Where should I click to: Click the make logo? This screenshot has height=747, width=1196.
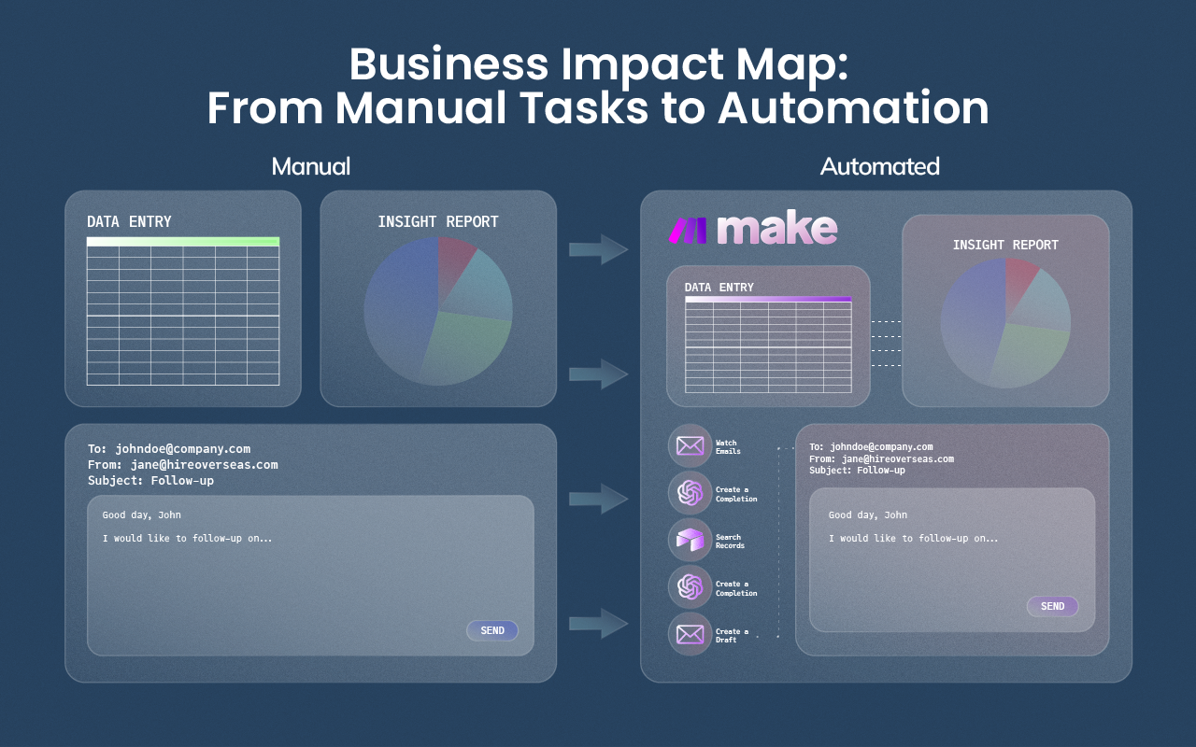753,230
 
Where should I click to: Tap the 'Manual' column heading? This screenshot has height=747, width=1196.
310,166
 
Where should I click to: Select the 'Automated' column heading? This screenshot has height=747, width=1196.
879,166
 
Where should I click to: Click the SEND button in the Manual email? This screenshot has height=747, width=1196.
491,630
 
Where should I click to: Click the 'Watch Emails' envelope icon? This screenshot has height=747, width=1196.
690,446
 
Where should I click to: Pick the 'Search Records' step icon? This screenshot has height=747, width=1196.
690,541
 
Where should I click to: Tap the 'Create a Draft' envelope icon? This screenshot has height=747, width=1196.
690,635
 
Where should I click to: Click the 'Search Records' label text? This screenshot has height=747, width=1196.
729,542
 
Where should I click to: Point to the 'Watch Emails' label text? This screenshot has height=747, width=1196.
727,447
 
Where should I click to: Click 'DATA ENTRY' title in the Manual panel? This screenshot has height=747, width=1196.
129,221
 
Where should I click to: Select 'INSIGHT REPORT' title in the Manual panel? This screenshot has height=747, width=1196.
437,221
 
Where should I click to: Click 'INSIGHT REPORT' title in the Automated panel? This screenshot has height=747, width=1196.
1005,245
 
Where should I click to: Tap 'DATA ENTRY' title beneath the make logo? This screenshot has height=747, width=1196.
719,288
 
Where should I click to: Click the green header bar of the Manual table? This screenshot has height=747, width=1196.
183,242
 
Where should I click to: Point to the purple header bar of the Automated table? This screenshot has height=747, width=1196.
768,300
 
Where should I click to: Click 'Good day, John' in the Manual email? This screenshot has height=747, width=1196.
142,514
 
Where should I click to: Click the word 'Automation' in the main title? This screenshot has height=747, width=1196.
853,107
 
